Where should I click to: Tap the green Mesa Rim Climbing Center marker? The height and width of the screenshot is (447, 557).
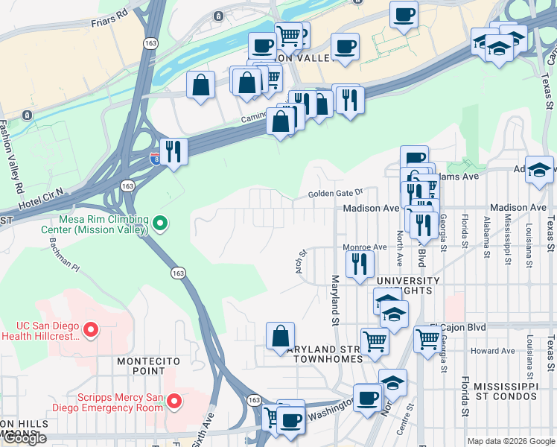click(x=159, y=223)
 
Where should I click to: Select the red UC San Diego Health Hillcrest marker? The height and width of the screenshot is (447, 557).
click(x=91, y=329)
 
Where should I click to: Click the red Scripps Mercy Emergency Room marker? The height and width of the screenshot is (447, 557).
click(x=174, y=402)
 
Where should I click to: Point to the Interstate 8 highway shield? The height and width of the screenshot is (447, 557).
click(x=155, y=158)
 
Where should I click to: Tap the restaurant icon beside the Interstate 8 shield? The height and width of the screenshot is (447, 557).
click(x=173, y=151)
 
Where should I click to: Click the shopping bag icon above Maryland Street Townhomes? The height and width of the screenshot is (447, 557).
click(x=280, y=336)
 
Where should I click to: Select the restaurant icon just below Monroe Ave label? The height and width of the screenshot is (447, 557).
click(x=360, y=264)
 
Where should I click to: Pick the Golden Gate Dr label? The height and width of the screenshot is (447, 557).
click(x=335, y=194)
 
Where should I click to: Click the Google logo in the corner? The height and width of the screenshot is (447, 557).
click(x=25, y=438)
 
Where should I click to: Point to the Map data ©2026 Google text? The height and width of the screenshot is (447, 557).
click(x=511, y=441)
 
